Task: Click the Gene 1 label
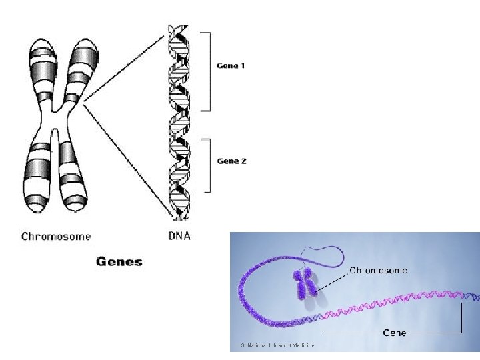coord(231,66)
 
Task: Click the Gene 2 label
coord(231,161)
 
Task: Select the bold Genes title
coord(119,261)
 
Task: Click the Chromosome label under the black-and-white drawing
coord(56,236)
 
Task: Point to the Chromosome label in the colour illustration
coord(379,271)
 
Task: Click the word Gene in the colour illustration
coord(394,332)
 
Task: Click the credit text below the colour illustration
coord(277,345)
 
